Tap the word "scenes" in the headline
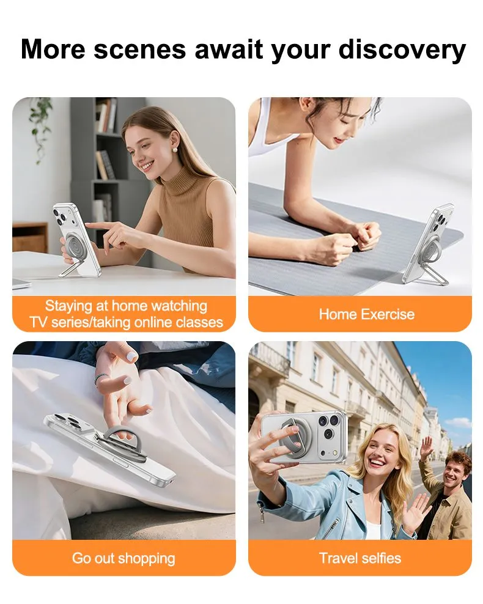point(140,50)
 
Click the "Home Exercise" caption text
point(367,314)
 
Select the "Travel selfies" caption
point(360,558)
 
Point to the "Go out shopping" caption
point(124,559)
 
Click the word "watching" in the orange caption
point(179,306)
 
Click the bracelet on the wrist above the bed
point(101,378)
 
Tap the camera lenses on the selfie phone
point(328,427)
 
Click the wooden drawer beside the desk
point(30,238)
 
